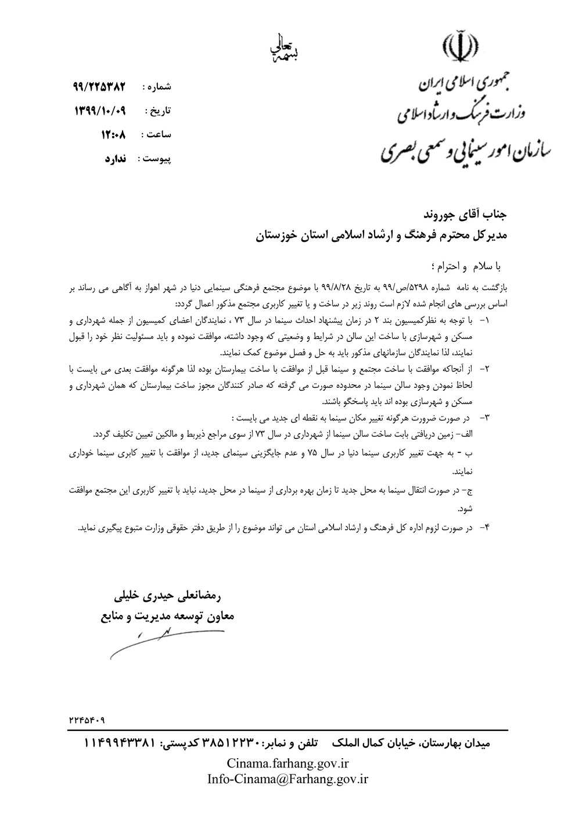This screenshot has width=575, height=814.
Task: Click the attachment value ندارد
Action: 119,158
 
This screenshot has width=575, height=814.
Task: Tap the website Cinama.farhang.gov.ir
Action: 288,763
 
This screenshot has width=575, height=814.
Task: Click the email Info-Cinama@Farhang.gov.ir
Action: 288,779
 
